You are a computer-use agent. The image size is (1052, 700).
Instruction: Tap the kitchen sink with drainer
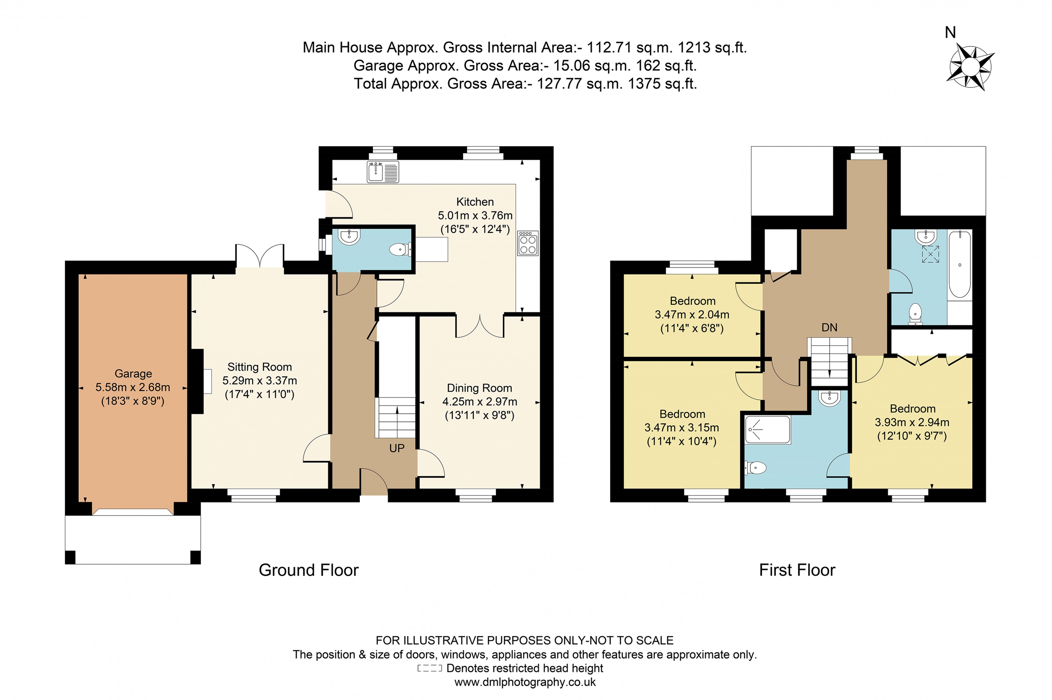[x=382, y=172]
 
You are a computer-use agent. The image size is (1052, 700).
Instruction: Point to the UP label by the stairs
[x=396, y=448]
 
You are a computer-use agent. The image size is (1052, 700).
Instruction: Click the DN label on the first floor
[x=829, y=327]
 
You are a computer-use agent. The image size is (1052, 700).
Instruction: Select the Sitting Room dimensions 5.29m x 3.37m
[x=259, y=380]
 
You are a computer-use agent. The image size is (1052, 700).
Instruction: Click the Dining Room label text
[x=479, y=388]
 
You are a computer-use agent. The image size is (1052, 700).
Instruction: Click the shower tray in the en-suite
[x=767, y=429]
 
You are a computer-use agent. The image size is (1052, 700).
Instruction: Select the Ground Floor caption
[x=308, y=570]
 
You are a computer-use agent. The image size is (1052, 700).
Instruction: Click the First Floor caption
[x=797, y=570]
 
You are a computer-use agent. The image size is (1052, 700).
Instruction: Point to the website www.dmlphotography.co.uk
[x=525, y=682]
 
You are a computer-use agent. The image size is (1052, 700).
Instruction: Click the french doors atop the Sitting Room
[x=260, y=256]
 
